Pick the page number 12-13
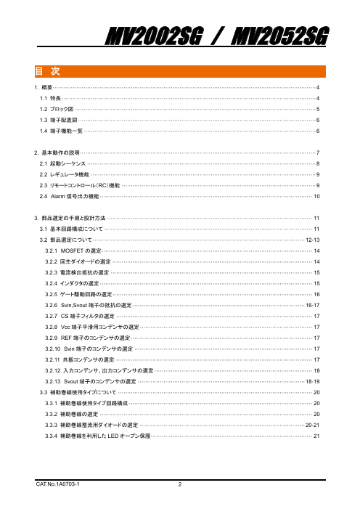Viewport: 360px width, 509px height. click(313, 238)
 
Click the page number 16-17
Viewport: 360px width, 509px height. click(313, 306)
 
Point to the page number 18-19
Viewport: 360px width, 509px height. click(313, 381)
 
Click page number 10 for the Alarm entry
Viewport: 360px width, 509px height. click(316, 197)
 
